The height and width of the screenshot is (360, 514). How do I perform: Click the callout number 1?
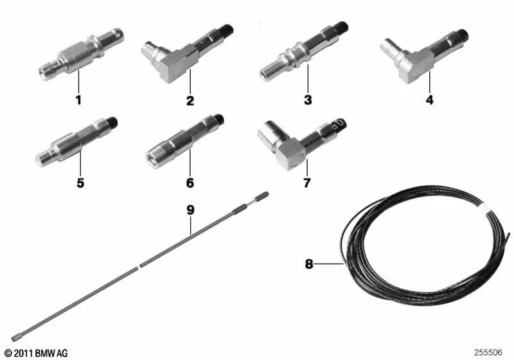pyautogui.click(x=78, y=100)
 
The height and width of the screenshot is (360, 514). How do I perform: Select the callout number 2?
pyautogui.click(x=190, y=100)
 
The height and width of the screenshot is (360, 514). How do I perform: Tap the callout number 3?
pyautogui.click(x=308, y=100)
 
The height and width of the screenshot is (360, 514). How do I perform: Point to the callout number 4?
pyautogui.click(x=429, y=100)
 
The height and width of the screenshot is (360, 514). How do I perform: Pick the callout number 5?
pyautogui.click(x=80, y=183)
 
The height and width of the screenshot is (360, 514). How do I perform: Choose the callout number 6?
pyautogui.click(x=190, y=183)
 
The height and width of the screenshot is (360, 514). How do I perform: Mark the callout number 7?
pyautogui.click(x=306, y=183)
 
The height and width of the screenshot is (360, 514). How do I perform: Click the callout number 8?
pyautogui.click(x=308, y=264)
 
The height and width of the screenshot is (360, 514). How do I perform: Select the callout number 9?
pyautogui.click(x=190, y=210)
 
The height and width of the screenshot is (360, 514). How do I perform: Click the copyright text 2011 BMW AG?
pyautogui.click(x=35, y=353)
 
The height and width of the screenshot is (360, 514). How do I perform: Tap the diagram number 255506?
pyautogui.click(x=490, y=353)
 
